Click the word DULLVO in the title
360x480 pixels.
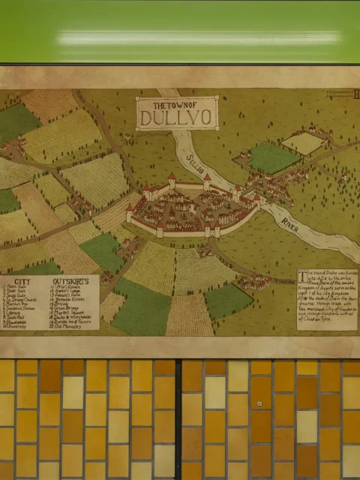177,118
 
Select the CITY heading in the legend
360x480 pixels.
19,280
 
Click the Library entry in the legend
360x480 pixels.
16,312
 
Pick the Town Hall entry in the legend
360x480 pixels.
17,316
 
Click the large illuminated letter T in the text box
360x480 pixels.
303,276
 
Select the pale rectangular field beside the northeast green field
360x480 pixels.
303,142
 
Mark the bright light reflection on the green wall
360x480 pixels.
195,36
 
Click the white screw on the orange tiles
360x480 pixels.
259,403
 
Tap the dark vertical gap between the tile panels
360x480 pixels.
178,420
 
